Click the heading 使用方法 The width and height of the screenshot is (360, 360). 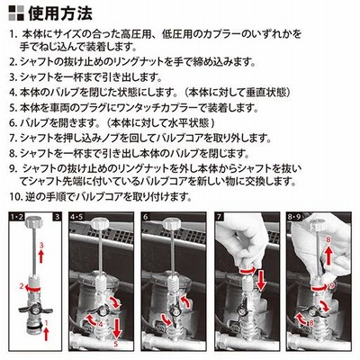click(x=60, y=13)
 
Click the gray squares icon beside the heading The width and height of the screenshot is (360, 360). click(x=16, y=13)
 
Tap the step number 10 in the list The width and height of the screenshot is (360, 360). click(x=14, y=197)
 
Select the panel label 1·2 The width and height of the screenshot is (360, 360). click(x=17, y=217)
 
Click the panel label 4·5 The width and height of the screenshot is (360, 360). click(x=76, y=217)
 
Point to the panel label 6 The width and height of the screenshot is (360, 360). click(x=145, y=217)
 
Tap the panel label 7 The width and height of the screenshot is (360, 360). click(x=218, y=217)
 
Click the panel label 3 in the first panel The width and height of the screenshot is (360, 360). click(x=58, y=217)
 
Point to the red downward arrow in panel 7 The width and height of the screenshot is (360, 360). click(x=261, y=280)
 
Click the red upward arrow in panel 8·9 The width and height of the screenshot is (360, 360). click(x=328, y=256)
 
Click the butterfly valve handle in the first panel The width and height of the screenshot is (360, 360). click(x=36, y=309)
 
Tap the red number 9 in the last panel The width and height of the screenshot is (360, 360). click(x=331, y=286)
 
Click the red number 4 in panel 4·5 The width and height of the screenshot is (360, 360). click(x=101, y=324)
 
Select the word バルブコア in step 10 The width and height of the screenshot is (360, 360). click(x=99, y=197)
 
